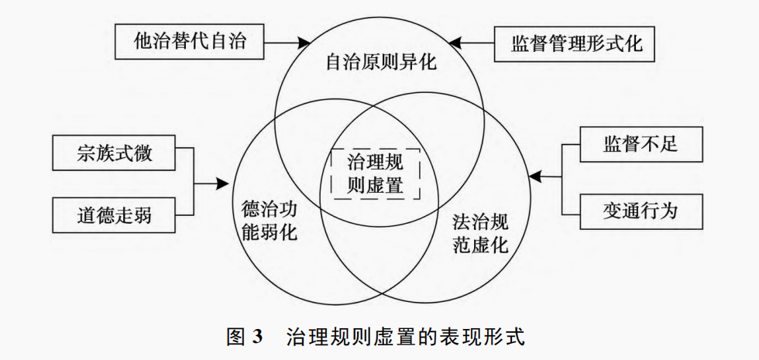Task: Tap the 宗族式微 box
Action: pyautogui.click(x=115, y=153)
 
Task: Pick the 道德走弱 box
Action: pyautogui.click(x=115, y=214)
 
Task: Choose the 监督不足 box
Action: pyautogui.click(x=641, y=144)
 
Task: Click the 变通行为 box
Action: pyautogui.click(x=641, y=210)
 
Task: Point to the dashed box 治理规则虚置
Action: pyautogui.click(x=376, y=173)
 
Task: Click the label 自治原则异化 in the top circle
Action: pyautogui.click(x=381, y=62)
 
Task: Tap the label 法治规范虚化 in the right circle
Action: pyautogui.click(x=479, y=235)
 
